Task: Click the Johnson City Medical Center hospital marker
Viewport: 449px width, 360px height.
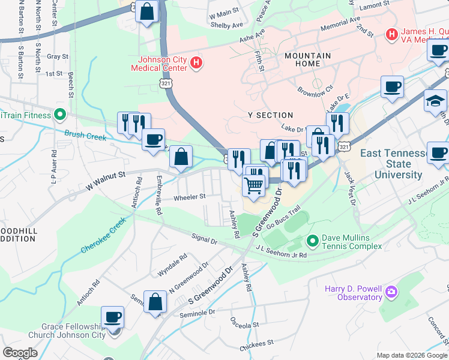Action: click(x=195, y=62)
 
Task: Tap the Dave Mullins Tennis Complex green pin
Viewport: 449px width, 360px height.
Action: click(x=312, y=242)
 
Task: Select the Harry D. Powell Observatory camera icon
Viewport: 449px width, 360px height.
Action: click(x=392, y=293)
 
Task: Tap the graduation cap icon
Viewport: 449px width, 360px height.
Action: click(x=435, y=101)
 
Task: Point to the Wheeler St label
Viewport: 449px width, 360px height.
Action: click(x=190, y=197)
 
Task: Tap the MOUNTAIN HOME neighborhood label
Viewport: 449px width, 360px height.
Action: click(x=307, y=60)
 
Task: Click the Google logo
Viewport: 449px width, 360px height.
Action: click(x=20, y=352)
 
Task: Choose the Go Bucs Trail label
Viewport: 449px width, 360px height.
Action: click(x=283, y=218)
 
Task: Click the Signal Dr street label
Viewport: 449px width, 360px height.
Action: click(x=205, y=240)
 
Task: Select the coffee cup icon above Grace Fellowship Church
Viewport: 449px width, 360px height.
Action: click(x=112, y=317)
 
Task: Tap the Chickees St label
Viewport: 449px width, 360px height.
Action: click(x=256, y=347)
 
